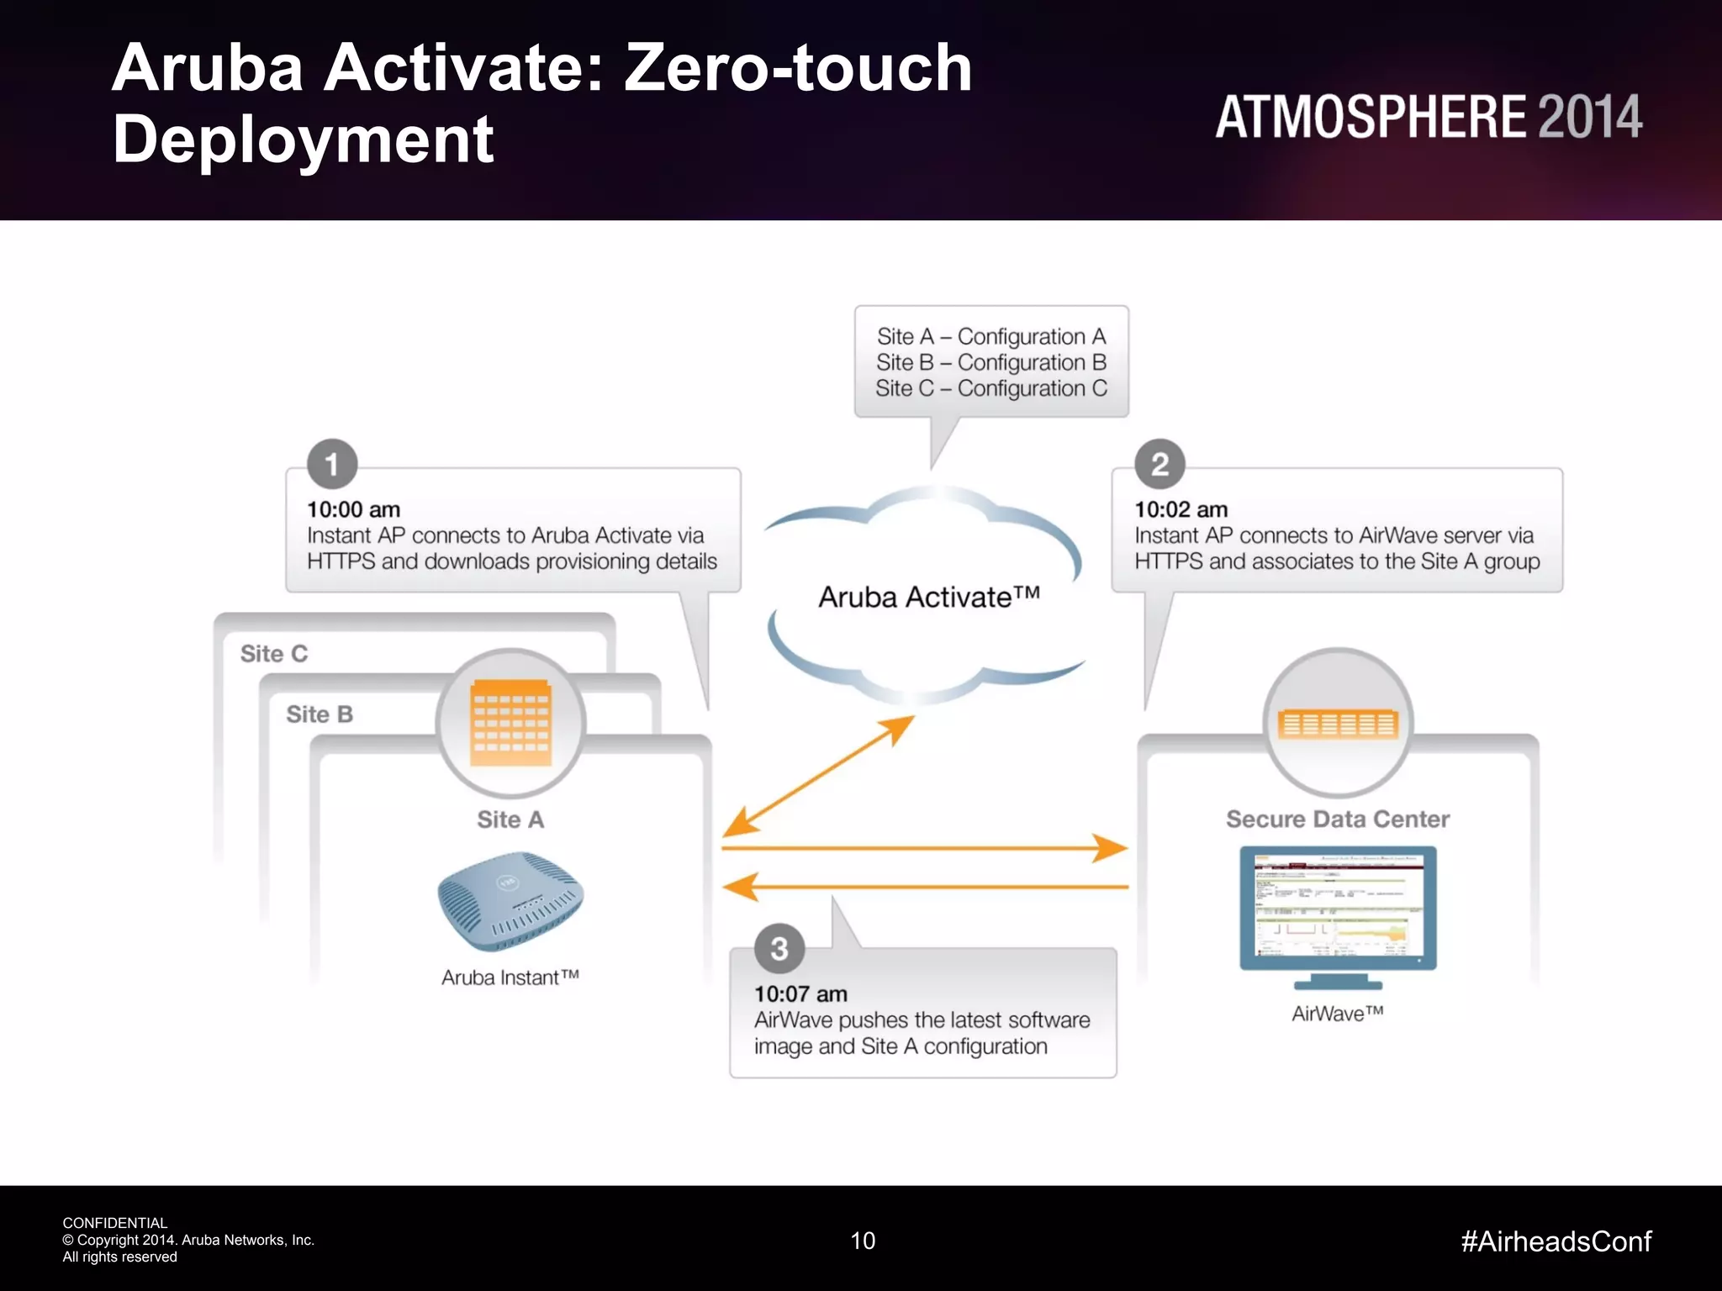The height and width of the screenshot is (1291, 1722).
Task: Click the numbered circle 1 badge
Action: pyautogui.click(x=332, y=464)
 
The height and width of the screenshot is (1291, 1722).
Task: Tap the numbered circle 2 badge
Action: pyautogui.click(x=1159, y=464)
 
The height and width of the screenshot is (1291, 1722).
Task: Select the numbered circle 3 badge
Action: pyautogui.click(x=779, y=949)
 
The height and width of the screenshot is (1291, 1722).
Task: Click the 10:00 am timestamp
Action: pyautogui.click(x=353, y=509)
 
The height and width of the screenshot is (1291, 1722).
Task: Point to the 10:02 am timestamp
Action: pyautogui.click(x=1181, y=509)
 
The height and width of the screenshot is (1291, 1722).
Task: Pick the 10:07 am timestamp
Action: pyautogui.click(x=800, y=993)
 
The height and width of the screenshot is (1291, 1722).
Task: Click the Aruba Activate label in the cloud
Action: pyautogui.click(x=929, y=597)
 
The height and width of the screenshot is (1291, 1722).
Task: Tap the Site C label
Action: pyautogui.click(x=274, y=654)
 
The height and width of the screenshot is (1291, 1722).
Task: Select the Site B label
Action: pyautogui.click(x=320, y=714)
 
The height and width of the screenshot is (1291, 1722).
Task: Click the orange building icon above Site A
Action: pyautogui.click(x=510, y=722)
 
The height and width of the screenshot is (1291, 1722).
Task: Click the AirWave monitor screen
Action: pyautogui.click(x=1338, y=908)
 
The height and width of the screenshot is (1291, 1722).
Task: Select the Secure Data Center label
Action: pyautogui.click(x=1338, y=819)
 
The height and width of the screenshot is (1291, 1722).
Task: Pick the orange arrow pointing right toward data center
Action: pyautogui.click(x=925, y=848)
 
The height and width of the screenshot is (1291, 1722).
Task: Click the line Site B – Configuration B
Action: pyautogui.click(x=991, y=362)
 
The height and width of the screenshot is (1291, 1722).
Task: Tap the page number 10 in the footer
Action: pyautogui.click(x=863, y=1241)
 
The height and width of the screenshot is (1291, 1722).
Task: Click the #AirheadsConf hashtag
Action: pyautogui.click(x=1556, y=1241)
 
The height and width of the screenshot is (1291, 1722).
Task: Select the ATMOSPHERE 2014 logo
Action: pyautogui.click(x=1428, y=117)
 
